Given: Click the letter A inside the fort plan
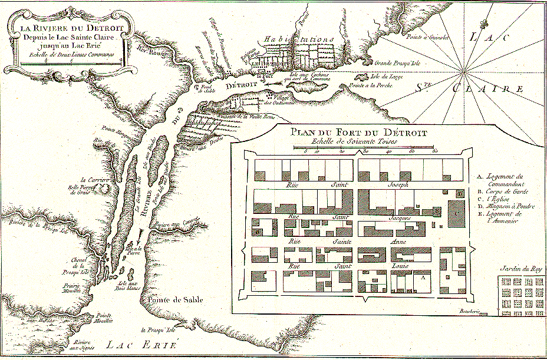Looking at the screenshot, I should point(423,276).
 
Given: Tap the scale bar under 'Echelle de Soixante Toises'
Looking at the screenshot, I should point(364,147).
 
